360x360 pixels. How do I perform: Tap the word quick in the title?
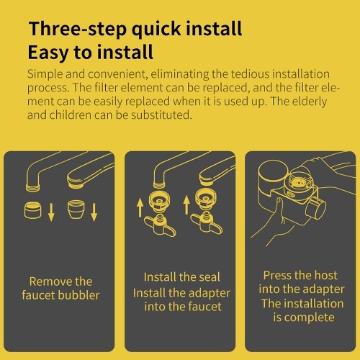[x=156, y=30]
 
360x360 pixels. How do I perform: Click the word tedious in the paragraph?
[x=250, y=74]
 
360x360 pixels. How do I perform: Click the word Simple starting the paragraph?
[x=45, y=74]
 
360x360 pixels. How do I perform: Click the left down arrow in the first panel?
[x=51, y=212]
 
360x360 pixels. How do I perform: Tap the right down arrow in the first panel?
[x=94, y=212]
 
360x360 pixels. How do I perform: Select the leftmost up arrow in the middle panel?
[x=140, y=208]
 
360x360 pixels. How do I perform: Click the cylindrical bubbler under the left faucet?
[x=32, y=210]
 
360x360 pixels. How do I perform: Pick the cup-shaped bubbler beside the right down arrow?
[x=76, y=210]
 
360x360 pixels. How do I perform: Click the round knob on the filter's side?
[x=316, y=207]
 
